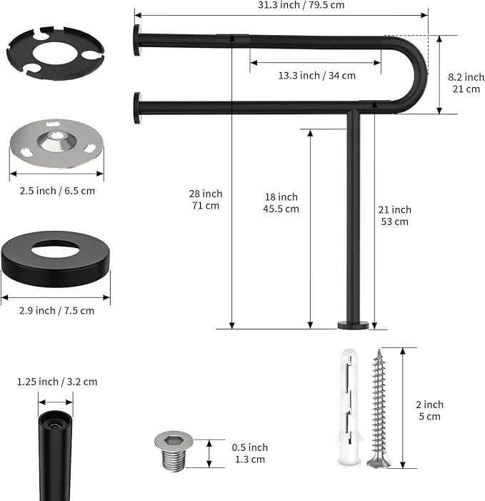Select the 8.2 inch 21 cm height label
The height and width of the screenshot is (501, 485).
[x=464, y=83]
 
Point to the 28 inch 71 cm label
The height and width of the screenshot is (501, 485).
[x=206, y=199]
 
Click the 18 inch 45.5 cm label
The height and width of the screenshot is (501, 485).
[x=281, y=203]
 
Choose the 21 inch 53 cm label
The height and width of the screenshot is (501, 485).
[x=394, y=215]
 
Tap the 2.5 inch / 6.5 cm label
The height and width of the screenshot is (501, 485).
[x=56, y=191]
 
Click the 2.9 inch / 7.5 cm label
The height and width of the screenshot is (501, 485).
[x=56, y=310]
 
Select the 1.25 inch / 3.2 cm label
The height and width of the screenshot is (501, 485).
[x=57, y=382]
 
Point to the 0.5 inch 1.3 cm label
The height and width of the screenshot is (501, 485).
[x=249, y=453]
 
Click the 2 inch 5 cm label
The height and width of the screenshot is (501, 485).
[x=429, y=410]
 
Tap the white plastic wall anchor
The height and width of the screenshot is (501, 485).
[x=348, y=407]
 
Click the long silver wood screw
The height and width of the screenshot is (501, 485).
[x=379, y=407]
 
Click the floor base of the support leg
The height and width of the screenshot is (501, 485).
[x=354, y=325]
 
